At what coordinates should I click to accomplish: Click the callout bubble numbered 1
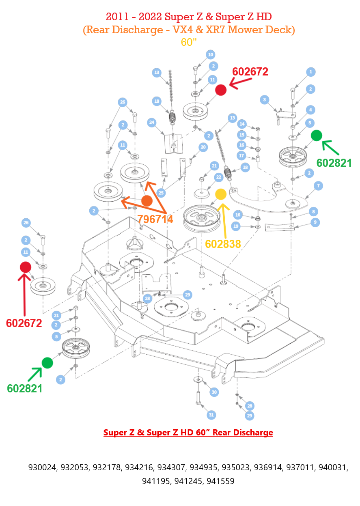pyautogui.click(x=311, y=72)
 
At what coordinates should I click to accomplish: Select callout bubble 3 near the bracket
pyautogui.click(x=265, y=99)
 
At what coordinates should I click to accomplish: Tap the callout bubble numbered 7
pyautogui.click(x=319, y=186)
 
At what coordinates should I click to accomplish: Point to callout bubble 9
pyautogui.click(x=315, y=222)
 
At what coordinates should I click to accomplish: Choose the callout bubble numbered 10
pyautogui.click(x=210, y=54)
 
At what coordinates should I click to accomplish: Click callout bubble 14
pyautogui.click(x=242, y=124)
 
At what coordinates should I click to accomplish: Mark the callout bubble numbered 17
pyautogui.click(x=242, y=155)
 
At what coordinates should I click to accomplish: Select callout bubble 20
pyautogui.click(x=203, y=147)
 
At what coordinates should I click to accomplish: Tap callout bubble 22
pyautogui.click(x=218, y=177)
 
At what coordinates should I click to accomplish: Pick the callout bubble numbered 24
pyautogui.click(x=152, y=122)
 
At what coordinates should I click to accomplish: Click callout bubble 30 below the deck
pyautogui.click(x=214, y=392)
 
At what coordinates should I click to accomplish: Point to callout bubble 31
pyautogui.click(x=211, y=415)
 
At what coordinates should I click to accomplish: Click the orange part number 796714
pyautogui.click(x=155, y=220)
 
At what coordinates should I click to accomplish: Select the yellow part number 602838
pyautogui.click(x=223, y=244)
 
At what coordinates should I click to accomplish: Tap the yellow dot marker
pyautogui.click(x=221, y=194)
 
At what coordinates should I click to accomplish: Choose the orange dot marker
pyautogui.click(x=147, y=200)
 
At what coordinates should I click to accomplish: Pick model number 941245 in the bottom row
pyautogui.click(x=188, y=482)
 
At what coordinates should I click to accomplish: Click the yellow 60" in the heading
pyautogui.click(x=189, y=42)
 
